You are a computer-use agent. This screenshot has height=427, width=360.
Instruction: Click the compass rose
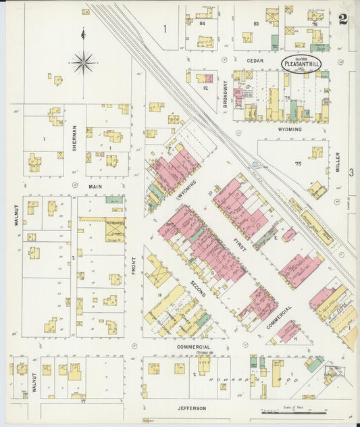point(84,62)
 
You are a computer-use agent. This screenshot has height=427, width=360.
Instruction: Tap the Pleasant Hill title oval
point(301,64)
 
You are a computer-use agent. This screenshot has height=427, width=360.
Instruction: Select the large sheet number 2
point(343,19)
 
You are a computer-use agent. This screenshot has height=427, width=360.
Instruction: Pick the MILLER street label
point(338,161)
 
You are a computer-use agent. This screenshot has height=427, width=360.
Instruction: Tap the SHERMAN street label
point(74,139)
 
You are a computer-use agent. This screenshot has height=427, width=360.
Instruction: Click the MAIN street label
point(95,185)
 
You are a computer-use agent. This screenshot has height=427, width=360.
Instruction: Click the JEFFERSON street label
point(192,408)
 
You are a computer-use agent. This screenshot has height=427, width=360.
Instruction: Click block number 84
point(202,23)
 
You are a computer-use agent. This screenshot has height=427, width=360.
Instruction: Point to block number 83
point(256,24)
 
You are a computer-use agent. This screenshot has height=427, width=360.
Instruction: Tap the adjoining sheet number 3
point(351,173)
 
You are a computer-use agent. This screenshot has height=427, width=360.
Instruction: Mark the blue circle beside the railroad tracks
point(255,164)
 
